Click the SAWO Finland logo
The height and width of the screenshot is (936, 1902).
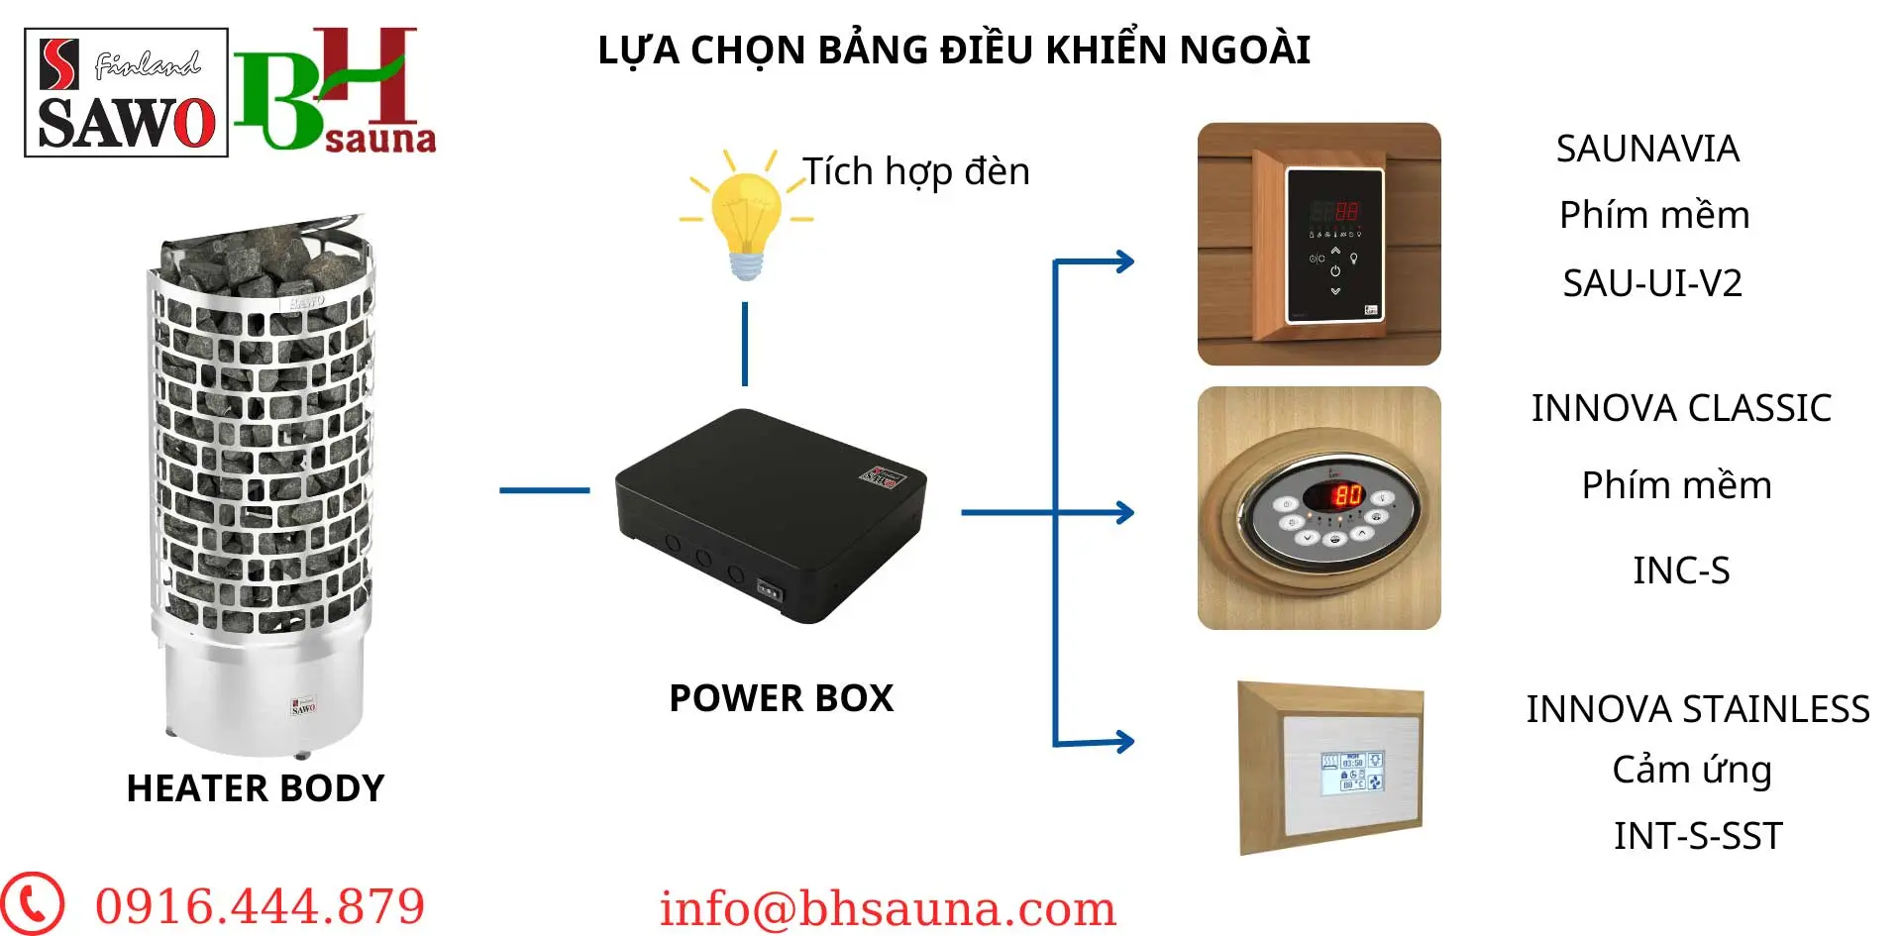coord(126,92)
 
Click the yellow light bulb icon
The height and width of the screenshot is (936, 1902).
coord(746,215)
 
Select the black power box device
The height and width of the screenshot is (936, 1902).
coord(771,515)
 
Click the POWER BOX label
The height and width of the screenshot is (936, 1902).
coord(782,698)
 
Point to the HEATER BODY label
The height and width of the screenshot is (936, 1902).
coord(256,788)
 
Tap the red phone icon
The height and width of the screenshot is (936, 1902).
coord(32,903)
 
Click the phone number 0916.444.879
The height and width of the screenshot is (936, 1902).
coord(261,906)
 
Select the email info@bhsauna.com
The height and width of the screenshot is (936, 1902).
coord(889,908)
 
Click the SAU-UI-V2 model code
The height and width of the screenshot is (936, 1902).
coord(1652,283)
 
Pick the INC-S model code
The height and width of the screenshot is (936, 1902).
coord(1681,571)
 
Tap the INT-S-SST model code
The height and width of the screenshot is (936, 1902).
coord(1698,836)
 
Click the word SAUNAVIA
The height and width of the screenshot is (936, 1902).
coord(1647,149)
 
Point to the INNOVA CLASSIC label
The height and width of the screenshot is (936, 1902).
coord(1681,408)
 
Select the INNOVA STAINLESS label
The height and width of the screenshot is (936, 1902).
coord(1698,709)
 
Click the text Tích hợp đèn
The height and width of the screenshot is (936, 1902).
coord(916,171)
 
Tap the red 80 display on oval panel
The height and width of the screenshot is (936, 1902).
coord(1347,494)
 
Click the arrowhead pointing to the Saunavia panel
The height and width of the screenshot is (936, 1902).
coord(1125,261)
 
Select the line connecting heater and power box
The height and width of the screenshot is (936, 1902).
coord(545,490)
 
